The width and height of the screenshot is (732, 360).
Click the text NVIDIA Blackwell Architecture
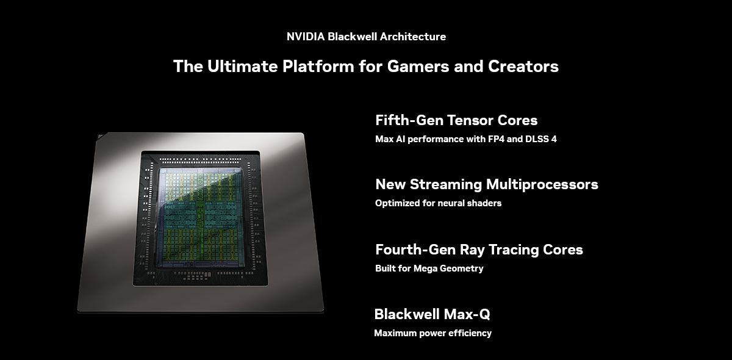[x=366, y=37]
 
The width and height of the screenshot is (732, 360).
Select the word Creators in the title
[x=523, y=66]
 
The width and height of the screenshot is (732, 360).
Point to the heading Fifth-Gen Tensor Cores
[x=456, y=120]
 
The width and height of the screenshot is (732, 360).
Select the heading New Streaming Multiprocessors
[x=486, y=184]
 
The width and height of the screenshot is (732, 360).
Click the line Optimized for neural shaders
[x=438, y=203]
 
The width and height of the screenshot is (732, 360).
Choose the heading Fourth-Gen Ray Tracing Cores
[x=479, y=250]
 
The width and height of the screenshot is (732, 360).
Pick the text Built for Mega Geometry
[x=429, y=268]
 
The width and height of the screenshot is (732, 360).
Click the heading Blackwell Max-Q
[x=432, y=314]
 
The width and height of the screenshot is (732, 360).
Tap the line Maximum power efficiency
[x=432, y=333]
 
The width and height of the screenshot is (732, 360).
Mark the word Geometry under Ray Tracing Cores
[x=462, y=268]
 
